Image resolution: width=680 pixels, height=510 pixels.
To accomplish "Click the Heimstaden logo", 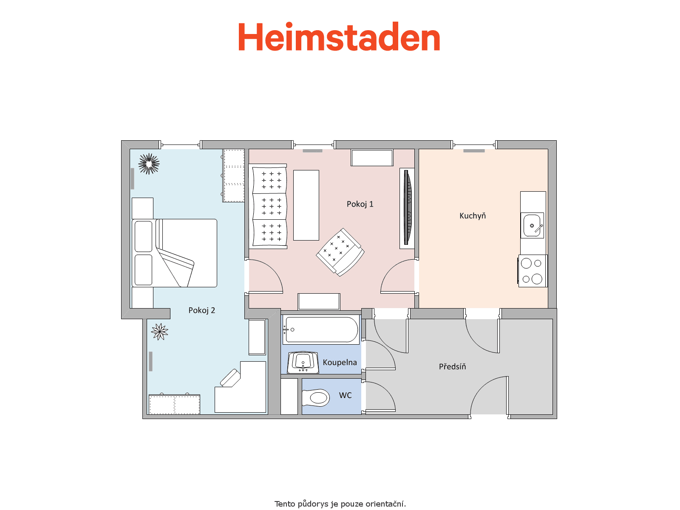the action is click(x=339, y=37).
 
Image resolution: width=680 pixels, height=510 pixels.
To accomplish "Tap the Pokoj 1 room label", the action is click(x=360, y=204).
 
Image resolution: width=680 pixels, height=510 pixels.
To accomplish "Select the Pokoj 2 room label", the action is click(x=201, y=310).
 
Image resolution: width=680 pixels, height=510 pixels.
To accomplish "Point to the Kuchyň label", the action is click(x=473, y=216).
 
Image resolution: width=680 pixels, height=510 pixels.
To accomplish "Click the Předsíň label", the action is click(x=452, y=366).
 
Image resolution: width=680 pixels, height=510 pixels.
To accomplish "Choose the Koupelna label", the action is click(x=340, y=362).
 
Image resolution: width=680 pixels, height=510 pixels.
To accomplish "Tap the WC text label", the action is click(x=345, y=395).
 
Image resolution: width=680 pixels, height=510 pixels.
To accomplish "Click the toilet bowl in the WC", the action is click(x=316, y=397).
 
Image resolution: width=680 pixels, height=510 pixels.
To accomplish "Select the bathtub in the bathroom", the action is click(x=321, y=329).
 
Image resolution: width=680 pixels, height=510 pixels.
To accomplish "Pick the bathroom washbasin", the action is click(x=303, y=362).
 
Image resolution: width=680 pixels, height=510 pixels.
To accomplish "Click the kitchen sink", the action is click(x=532, y=225).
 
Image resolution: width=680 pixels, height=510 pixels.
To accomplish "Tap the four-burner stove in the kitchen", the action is click(x=532, y=271).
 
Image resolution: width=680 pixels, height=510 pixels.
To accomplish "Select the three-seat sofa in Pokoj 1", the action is click(x=268, y=207).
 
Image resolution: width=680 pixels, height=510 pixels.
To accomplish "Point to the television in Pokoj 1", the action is click(x=408, y=207).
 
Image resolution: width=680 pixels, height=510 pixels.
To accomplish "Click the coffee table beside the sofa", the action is click(x=306, y=205).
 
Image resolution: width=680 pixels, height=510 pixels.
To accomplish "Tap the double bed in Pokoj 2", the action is click(x=174, y=253).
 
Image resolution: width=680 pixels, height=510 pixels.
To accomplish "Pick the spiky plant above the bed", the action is click(x=149, y=164).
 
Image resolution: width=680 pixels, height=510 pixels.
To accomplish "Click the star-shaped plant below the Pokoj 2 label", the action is click(x=159, y=331).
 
